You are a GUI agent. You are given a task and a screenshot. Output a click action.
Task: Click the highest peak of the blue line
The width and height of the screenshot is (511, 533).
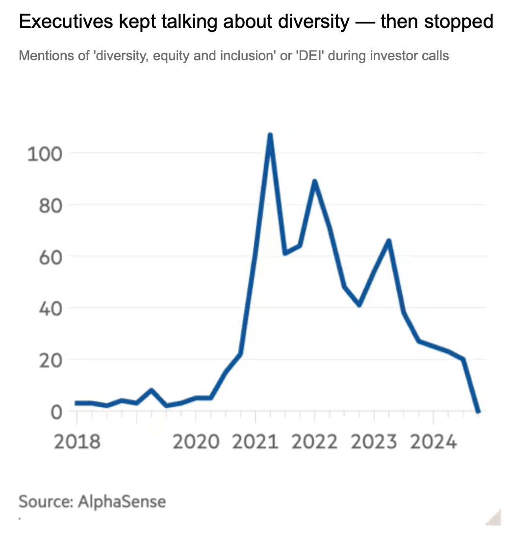pos(270,135)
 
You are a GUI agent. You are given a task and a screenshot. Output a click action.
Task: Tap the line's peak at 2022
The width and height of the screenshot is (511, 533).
pos(314,181)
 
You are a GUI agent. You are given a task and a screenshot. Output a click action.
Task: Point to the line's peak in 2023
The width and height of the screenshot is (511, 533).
pos(389,240)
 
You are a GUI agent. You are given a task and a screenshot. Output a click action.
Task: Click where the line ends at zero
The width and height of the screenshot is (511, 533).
pos(478,412)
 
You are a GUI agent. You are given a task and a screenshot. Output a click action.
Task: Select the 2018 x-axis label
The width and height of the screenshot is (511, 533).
pos(77,442)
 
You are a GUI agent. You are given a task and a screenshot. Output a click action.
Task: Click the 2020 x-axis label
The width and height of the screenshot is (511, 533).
pos(196,442)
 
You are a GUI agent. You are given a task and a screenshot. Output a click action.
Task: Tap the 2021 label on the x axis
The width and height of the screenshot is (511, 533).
pos(255,442)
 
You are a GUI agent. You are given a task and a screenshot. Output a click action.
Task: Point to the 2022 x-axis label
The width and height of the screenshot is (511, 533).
pos(315,442)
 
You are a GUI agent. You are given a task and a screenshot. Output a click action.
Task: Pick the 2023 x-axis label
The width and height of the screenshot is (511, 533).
pos(374,442)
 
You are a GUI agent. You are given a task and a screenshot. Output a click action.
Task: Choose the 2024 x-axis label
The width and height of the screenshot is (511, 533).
pos(434,442)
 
